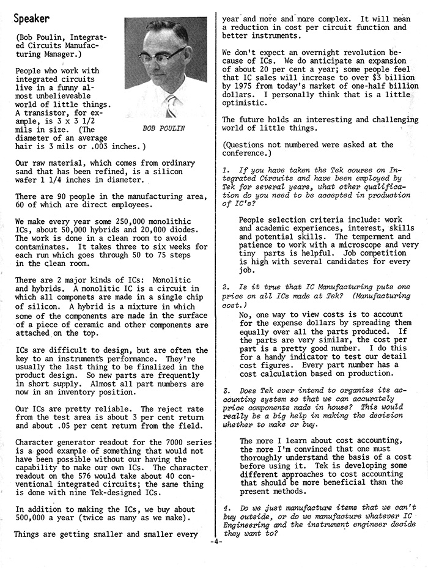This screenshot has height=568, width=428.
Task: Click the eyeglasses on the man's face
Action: (161, 56)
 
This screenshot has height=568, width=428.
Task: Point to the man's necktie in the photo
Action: (169, 105)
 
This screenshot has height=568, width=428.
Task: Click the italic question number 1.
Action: (225, 168)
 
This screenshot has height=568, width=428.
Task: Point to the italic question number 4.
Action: (226, 507)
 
